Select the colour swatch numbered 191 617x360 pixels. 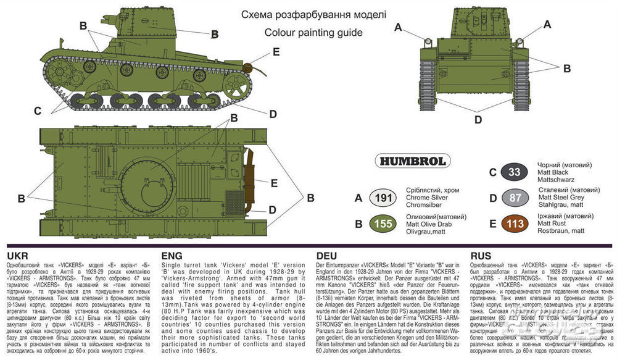coord(384,198)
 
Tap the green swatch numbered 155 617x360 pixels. coord(384,224)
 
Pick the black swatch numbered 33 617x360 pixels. coord(517,172)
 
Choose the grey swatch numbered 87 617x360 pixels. coord(517,198)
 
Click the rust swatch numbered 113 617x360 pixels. coord(517,224)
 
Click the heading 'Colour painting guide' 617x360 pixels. coord(313,33)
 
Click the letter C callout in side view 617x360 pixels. coord(38,111)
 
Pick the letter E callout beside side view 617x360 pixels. coord(275,51)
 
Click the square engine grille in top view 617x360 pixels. coord(234,202)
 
